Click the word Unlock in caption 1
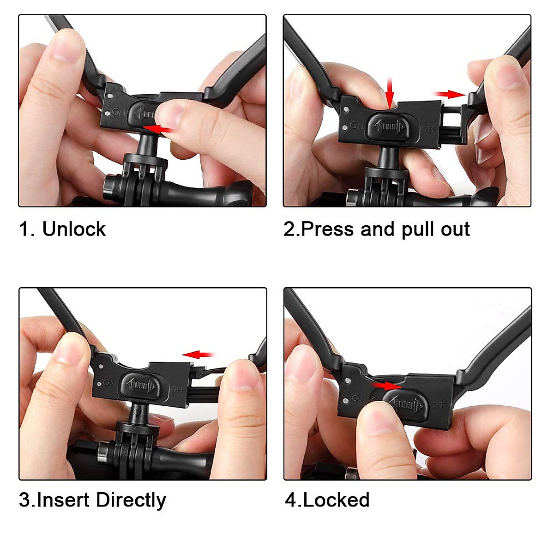pos(74,229)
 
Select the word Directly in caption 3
pos(131,500)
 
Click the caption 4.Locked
pos(327,500)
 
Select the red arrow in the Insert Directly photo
pos(198,355)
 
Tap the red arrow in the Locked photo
pos(387,385)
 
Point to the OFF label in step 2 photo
pos(428,129)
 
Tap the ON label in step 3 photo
pos(109,383)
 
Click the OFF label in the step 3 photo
pos(178,390)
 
